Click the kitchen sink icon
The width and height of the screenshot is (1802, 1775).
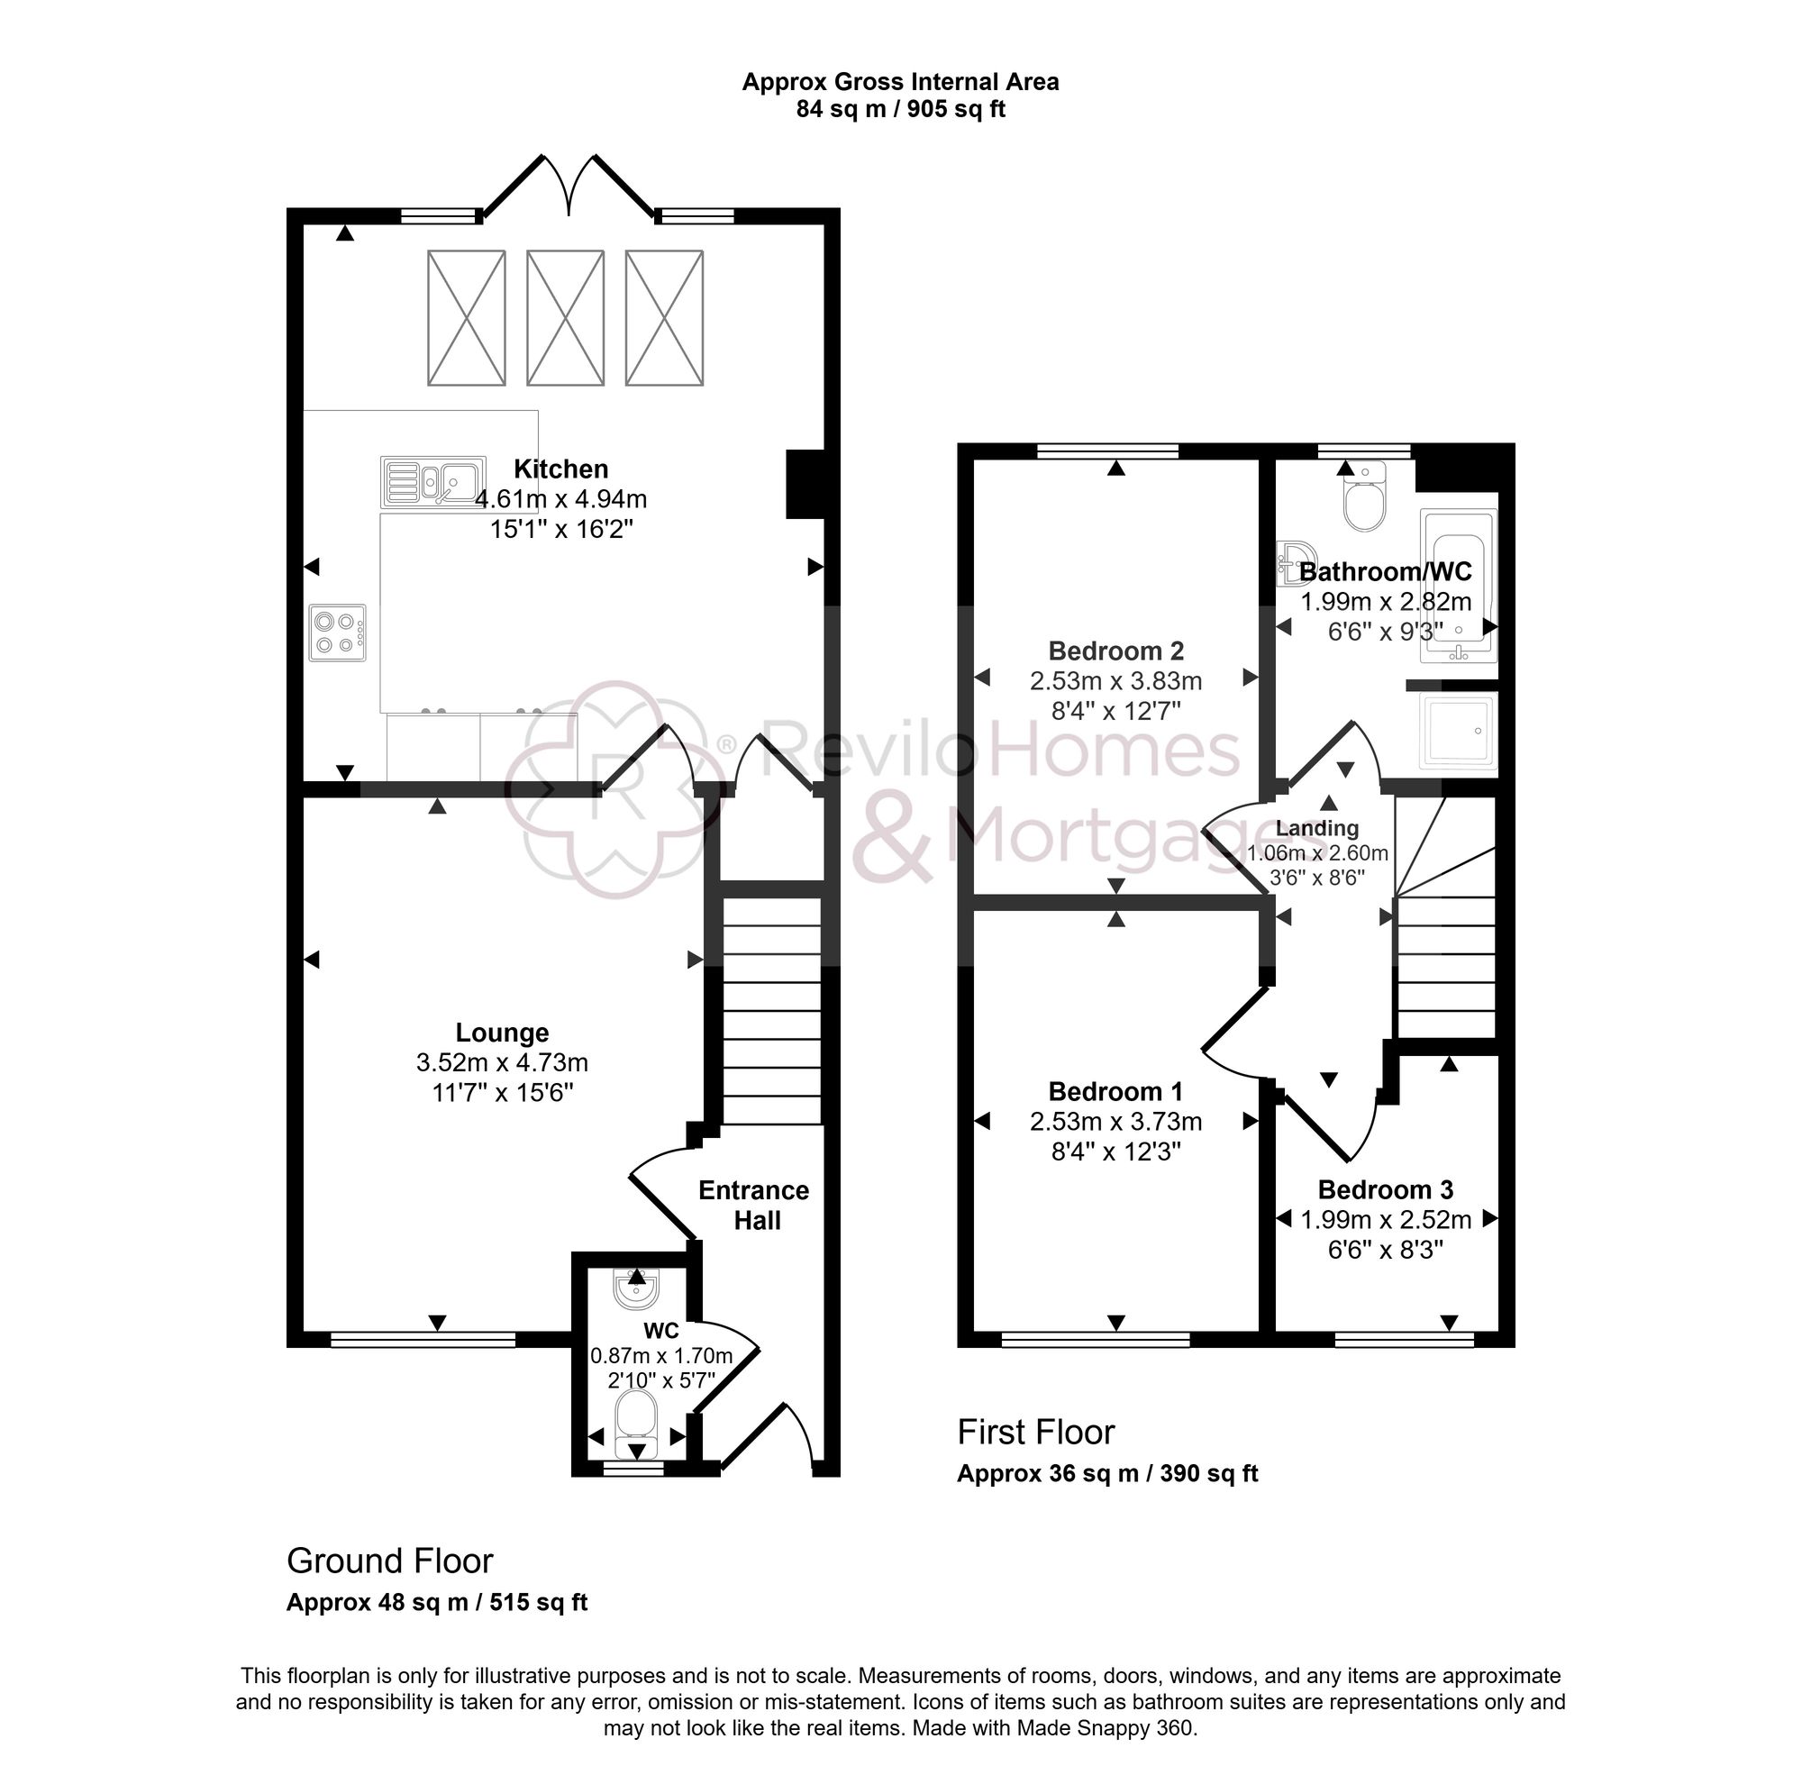[x=432, y=481]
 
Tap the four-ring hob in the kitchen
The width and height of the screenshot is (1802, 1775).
[x=338, y=633]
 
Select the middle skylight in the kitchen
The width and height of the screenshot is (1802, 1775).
[x=565, y=317]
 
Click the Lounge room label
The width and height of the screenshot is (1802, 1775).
[x=502, y=1032]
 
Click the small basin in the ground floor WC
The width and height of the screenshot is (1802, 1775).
[x=637, y=1290]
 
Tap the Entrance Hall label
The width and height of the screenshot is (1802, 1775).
[x=754, y=1205]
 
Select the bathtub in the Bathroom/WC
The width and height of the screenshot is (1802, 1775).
[x=1457, y=586]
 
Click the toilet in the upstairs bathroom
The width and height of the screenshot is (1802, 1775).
[x=1365, y=500]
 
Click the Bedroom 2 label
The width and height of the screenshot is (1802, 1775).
[x=1115, y=651]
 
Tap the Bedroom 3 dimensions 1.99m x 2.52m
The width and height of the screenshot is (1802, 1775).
[x=1386, y=1219]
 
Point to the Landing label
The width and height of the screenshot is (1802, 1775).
[x=1316, y=828]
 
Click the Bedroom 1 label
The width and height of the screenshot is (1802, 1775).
[x=1115, y=1091]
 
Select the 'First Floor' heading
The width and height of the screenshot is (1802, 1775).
[x=1034, y=1432]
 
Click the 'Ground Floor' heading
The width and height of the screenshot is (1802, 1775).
[x=389, y=1561]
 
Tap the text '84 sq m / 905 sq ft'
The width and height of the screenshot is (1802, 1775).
[x=899, y=109]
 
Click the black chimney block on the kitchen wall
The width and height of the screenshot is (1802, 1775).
[x=803, y=483]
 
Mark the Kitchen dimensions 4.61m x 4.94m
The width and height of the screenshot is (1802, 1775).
[x=560, y=500]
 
